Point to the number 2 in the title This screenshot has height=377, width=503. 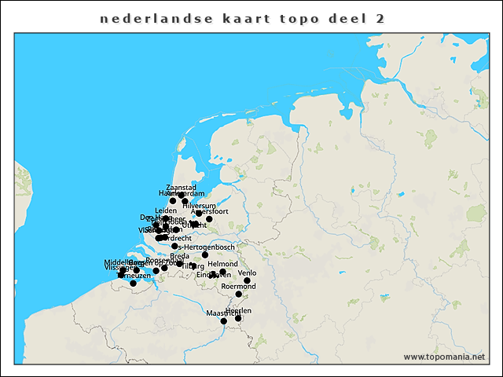pos(380,17)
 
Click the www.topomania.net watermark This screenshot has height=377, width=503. pos(443,357)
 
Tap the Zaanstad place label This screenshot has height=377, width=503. pos(181,188)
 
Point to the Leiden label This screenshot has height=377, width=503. pos(166,210)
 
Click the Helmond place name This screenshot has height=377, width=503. pos(222,264)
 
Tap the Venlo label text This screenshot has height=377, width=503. pos(247,273)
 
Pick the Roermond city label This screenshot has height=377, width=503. pos(239,287)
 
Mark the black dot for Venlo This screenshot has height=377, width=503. pos(247,280)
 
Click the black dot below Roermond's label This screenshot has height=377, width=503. pos(238,295)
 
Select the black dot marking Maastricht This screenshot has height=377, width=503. pos(223,320)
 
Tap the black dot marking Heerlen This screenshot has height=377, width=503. pos(238,318)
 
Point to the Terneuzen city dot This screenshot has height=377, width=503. pos(133,283)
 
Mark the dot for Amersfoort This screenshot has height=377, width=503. pos(209,219)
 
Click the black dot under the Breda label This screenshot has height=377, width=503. pos(179,263)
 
